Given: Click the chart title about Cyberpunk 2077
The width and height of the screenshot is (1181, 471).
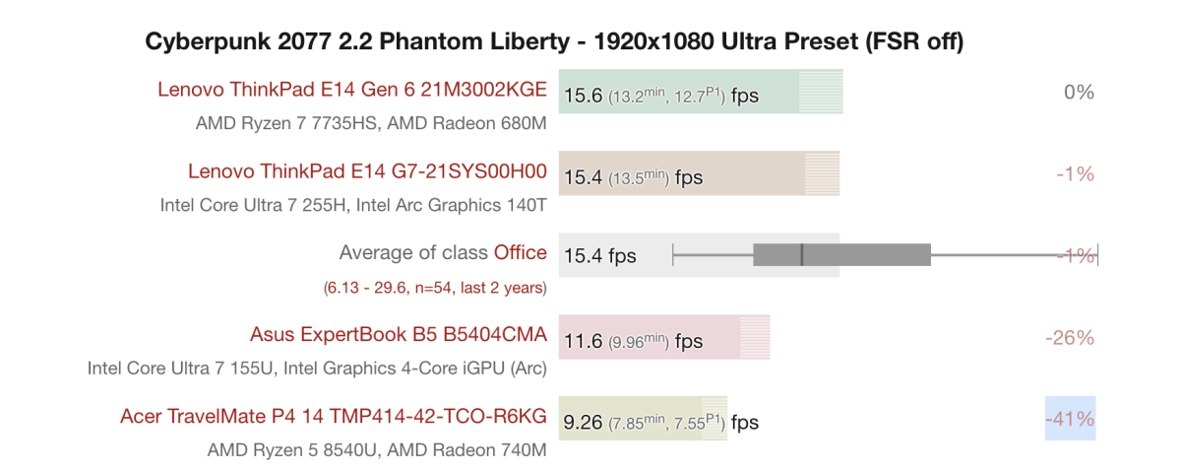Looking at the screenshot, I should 554,41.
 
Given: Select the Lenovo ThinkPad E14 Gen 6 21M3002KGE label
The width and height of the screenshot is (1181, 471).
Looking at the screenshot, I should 351,90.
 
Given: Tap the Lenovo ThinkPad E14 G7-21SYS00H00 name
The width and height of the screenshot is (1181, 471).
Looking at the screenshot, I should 367,171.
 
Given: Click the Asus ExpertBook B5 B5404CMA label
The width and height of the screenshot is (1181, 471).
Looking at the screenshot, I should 398,335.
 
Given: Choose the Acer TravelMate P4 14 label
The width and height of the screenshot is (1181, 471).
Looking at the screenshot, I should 333,417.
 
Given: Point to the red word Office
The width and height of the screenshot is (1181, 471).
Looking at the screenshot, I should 520,253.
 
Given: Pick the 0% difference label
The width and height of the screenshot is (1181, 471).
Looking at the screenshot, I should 1079,93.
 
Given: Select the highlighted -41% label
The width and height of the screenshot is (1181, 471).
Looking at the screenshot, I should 1070,419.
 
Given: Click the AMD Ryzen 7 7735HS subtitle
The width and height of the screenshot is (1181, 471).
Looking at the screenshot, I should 371,124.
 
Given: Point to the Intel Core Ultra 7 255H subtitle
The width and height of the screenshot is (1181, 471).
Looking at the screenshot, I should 353,206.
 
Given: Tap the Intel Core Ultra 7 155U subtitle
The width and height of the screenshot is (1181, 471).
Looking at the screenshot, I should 317,369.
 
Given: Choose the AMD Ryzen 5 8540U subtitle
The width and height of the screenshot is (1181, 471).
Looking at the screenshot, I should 377,450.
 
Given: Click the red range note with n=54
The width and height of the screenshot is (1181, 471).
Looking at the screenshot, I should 435,288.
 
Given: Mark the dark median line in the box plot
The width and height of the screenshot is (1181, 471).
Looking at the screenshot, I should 802,255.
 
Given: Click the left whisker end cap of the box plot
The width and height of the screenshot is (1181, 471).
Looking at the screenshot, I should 673,255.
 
